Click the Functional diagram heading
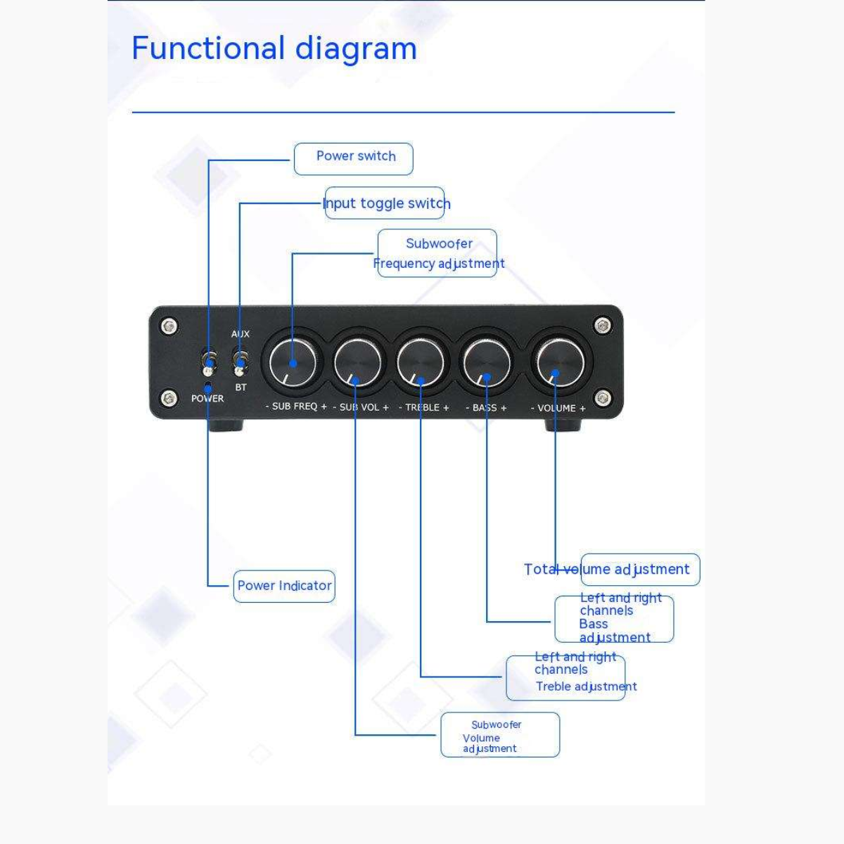274,49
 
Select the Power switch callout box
354,158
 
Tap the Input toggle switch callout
385,203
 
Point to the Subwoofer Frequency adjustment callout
437,253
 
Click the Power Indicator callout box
284,586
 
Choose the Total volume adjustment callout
640,569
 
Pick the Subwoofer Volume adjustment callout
500,735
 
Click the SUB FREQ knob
293,362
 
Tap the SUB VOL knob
357,362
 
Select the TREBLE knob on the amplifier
421,362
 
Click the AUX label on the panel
241,334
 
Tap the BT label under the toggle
241,388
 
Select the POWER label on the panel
207,399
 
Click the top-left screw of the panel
168,326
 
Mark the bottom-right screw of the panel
602,399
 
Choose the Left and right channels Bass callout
614,619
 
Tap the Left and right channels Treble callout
565,678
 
